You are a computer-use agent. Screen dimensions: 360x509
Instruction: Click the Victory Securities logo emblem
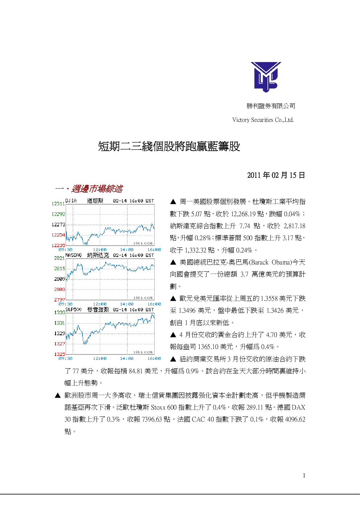266,77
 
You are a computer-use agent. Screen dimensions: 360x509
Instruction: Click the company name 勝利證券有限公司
271,106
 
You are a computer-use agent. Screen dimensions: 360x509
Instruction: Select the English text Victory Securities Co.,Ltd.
263,120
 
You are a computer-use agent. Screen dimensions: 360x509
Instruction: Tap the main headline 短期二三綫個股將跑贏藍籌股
169,146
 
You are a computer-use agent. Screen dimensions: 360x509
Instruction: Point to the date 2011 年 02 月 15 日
276,175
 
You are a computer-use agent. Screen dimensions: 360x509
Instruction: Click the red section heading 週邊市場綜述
97,189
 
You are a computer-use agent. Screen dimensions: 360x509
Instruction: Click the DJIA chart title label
71,201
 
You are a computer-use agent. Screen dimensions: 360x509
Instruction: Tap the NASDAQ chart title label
73,255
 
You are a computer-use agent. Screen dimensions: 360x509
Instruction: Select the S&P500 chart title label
73,309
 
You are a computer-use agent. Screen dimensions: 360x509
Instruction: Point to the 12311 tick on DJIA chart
58,204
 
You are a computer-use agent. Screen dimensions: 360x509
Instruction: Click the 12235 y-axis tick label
58,245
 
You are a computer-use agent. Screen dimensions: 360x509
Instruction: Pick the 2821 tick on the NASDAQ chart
60,258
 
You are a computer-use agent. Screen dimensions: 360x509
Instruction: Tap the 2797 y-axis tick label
60,300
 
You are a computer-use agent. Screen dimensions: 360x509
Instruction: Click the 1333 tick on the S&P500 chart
60,312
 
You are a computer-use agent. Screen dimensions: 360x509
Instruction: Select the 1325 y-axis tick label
60,354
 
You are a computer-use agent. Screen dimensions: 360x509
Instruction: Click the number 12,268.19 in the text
247,214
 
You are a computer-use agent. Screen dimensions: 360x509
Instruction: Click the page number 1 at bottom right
304,475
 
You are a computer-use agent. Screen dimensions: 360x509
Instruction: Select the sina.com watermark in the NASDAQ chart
143,297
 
